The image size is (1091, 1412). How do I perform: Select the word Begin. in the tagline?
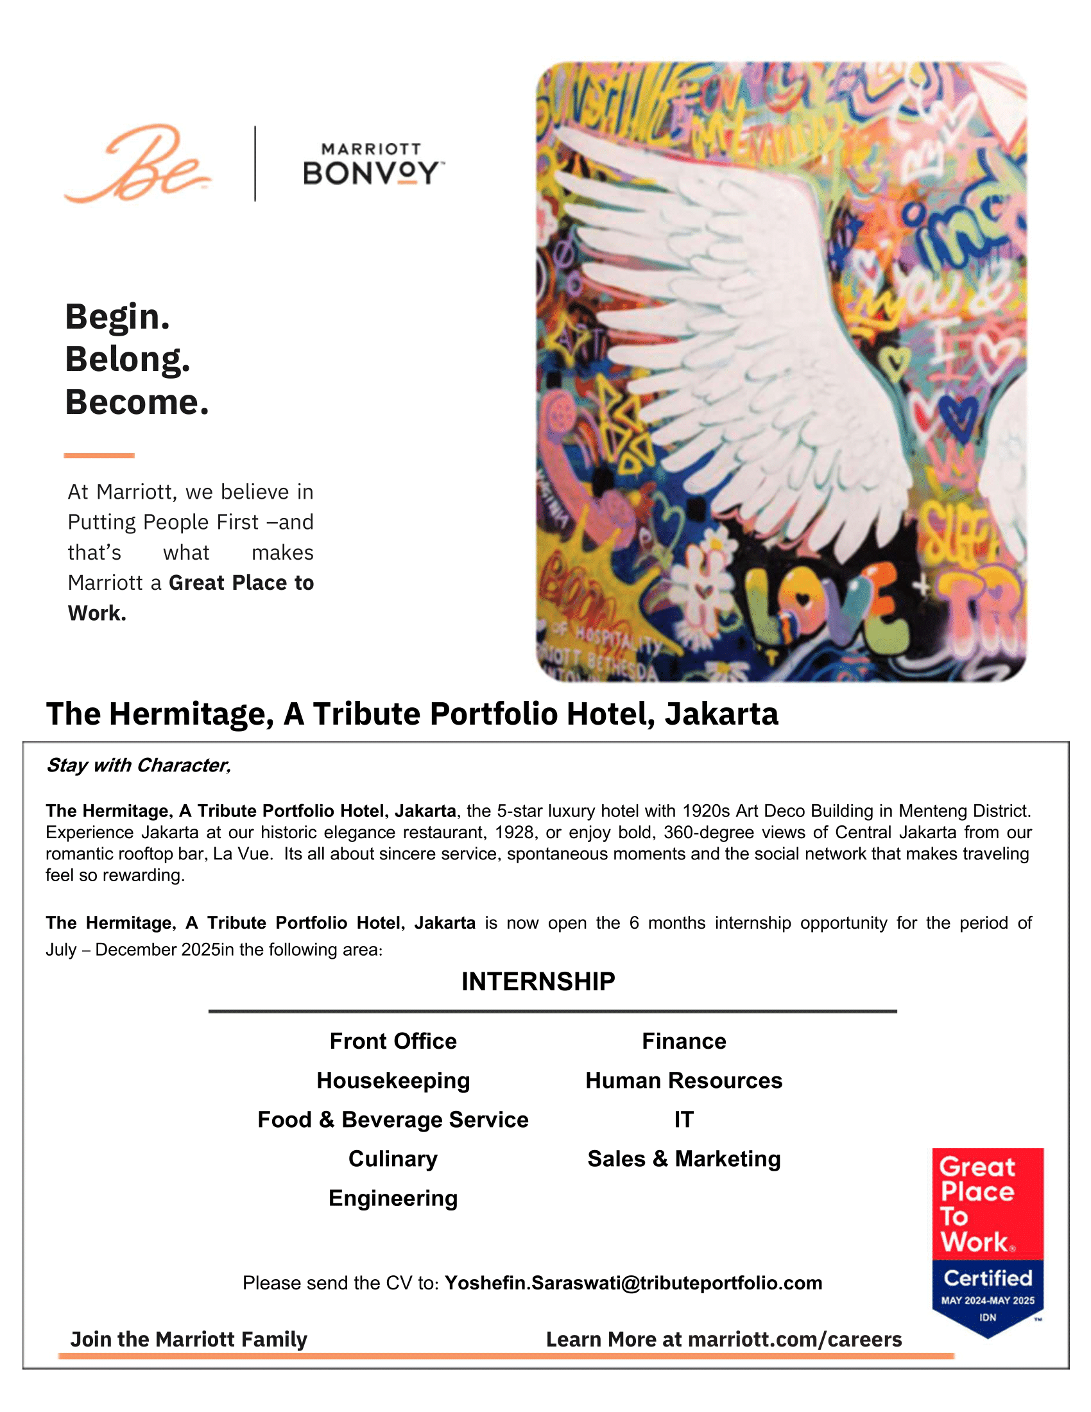click(x=117, y=317)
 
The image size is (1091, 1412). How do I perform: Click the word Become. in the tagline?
click(x=137, y=402)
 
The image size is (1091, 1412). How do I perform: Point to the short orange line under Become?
click(x=99, y=456)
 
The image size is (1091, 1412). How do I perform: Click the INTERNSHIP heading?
click(x=538, y=981)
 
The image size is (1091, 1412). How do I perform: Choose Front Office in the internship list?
click(x=393, y=1041)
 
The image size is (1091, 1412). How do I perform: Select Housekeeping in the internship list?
click(x=393, y=1080)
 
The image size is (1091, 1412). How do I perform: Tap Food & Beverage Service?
click(x=393, y=1119)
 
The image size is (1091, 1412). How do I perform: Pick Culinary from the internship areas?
click(x=393, y=1158)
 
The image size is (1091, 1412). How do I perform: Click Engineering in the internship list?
click(x=393, y=1198)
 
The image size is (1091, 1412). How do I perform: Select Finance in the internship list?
click(x=684, y=1041)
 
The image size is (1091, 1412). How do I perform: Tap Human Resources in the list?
click(x=684, y=1080)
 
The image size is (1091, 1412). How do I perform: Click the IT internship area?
click(x=684, y=1119)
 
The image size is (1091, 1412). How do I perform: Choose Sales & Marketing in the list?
click(x=684, y=1158)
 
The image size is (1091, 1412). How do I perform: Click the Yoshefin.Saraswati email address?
click(x=633, y=1283)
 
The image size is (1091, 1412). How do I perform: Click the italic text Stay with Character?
click(x=139, y=766)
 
